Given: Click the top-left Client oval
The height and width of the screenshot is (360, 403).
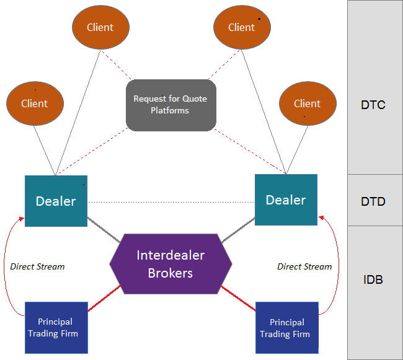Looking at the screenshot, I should coord(101,27).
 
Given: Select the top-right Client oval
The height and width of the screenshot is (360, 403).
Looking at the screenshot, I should coord(242,27).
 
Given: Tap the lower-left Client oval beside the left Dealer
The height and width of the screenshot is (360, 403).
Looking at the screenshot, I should coord(34,103).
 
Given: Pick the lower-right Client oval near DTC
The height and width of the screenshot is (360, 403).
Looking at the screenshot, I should coord(308,103).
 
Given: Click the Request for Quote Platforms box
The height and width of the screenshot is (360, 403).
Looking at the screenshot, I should coord(170,105).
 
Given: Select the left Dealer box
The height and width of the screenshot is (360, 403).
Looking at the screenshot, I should coord(56,201).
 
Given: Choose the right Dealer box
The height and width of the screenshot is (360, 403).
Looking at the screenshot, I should coord(286,200).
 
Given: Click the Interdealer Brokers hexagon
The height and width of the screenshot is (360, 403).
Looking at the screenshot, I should coord(170,263).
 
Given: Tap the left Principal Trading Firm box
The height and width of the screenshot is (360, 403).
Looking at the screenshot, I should coord(55,327).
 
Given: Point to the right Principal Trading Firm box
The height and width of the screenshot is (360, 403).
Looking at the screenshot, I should coord(287,328).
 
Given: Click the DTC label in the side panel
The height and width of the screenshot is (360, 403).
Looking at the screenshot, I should coord(373,105).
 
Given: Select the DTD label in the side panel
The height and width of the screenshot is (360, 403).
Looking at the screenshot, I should coord(373,201).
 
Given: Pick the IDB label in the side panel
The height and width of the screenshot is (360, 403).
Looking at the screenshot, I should coord(373,279).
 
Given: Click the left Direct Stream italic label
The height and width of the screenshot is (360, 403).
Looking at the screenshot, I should coord(38,266).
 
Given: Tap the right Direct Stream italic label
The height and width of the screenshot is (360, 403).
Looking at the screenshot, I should coord(304,266).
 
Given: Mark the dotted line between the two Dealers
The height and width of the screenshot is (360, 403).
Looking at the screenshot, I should coord(170,203).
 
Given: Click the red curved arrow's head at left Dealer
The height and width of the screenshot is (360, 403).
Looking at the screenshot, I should coord(22,219).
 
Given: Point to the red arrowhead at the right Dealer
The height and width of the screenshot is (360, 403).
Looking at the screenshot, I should coord(321,217).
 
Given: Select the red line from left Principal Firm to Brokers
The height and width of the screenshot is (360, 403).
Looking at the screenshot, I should coord(104,298).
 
